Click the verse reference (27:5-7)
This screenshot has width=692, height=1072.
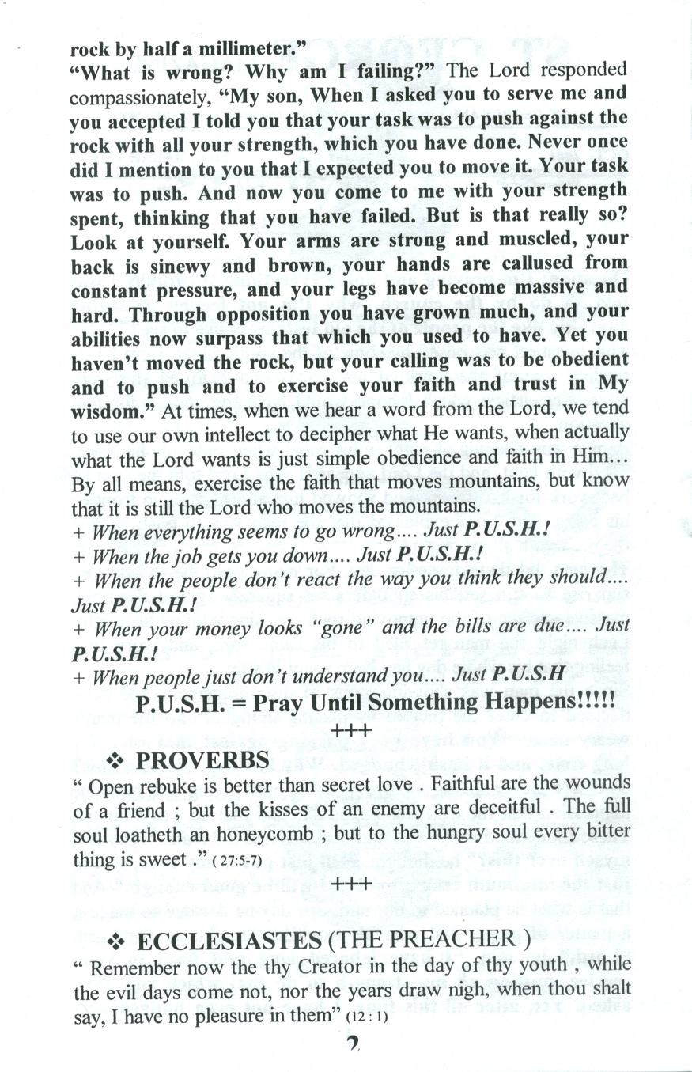(234, 861)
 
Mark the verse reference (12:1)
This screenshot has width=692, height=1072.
(367, 1017)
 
